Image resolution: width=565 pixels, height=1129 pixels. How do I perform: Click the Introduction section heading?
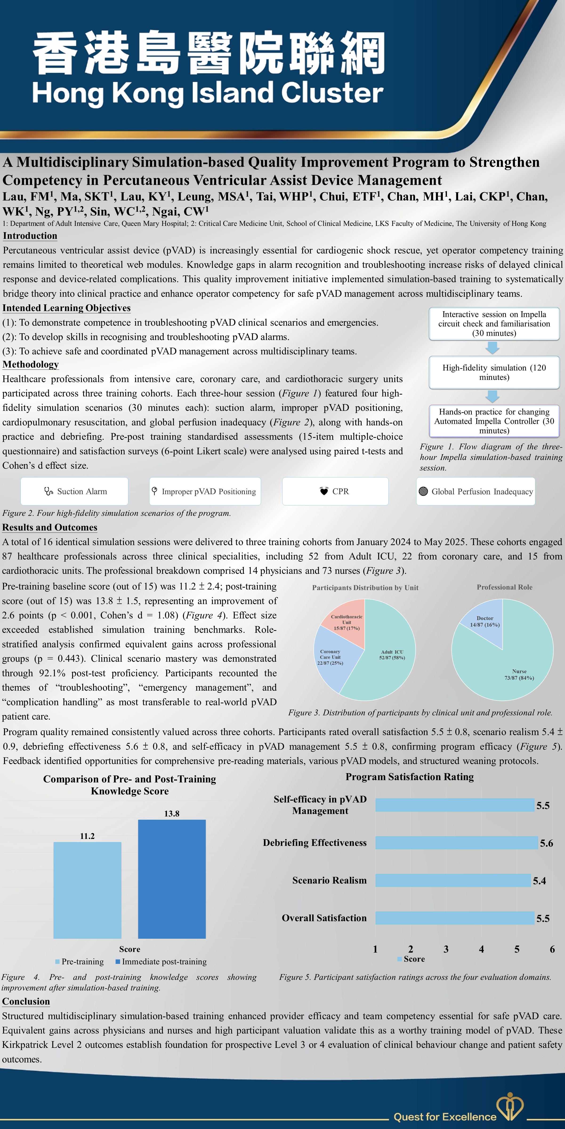pos(30,236)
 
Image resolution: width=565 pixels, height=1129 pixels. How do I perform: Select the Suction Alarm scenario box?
pos(75,491)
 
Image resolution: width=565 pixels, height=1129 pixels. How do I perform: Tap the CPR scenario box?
pos(335,491)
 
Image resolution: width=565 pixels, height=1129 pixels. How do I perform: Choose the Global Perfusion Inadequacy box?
pos(476,491)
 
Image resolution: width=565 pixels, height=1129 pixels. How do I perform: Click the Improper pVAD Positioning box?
pos(205,491)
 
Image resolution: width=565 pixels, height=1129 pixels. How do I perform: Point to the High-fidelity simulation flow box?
pos(494,373)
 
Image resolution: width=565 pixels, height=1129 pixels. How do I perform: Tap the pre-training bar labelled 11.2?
pos(87,890)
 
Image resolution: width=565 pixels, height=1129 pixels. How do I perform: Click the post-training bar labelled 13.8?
pos(172,879)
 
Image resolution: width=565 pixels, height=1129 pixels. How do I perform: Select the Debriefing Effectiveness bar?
pos(456,843)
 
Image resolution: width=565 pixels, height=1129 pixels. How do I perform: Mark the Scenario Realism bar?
pos(453,880)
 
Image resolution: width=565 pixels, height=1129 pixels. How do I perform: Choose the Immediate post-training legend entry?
pos(161,962)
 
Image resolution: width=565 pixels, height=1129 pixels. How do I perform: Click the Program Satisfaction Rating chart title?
pos(410,777)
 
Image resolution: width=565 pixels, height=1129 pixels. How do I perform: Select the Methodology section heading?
pos(31,365)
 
